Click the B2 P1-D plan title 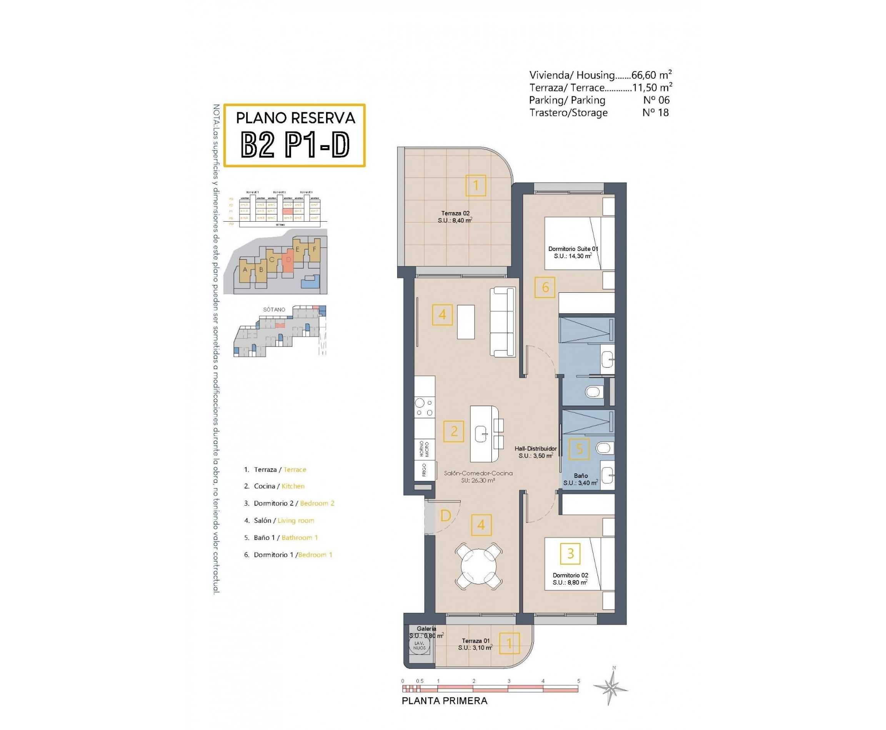click(295, 145)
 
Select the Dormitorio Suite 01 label click(573, 252)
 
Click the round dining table click(479, 566)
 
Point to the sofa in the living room click(502, 322)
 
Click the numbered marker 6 click(545, 287)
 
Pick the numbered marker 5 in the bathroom click(579, 449)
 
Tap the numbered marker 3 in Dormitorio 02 click(570, 553)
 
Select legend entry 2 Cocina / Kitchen click(275, 486)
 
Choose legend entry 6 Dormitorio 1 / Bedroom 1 click(288, 555)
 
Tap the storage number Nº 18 click(655, 112)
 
